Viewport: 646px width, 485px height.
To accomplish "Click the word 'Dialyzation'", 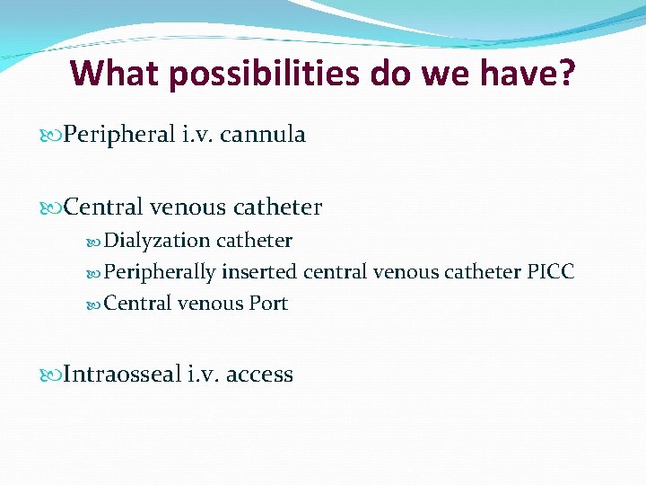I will (157, 241).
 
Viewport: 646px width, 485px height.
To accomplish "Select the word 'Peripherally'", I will (161, 272).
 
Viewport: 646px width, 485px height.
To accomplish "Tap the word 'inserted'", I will (259, 271).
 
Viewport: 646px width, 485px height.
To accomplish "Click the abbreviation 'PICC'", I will (550, 271).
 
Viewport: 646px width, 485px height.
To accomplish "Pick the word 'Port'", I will (268, 304).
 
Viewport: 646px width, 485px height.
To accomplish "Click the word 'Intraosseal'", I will (123, 375).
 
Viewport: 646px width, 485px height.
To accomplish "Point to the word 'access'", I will (259, 375).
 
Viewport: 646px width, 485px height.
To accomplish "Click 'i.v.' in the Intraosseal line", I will (205, 375).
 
